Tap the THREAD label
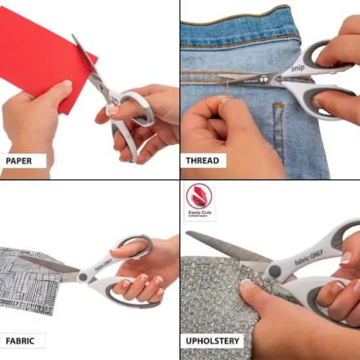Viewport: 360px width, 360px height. coord(204,160)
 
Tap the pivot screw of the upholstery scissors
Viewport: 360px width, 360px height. coord(275,270)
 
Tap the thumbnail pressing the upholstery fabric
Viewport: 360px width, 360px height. coord(247,285)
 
